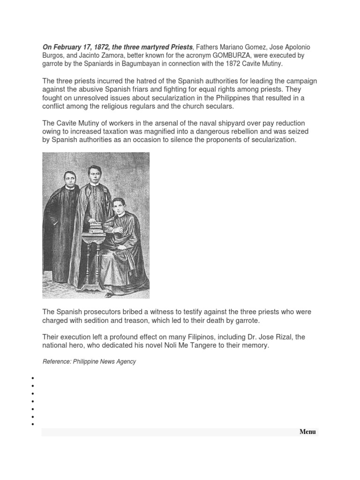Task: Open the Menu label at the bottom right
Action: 307,432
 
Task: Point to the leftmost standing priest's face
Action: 69,180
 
